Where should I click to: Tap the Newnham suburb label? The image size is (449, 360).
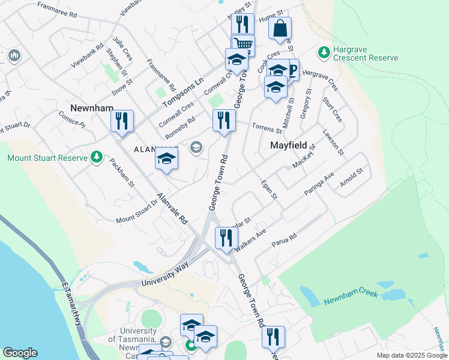point(92,107)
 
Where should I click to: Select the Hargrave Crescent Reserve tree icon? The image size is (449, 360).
point(324,53)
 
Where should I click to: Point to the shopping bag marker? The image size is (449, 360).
point(280,28)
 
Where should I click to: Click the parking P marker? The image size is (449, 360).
point(292,70)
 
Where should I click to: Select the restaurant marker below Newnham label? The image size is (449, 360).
point(122,121)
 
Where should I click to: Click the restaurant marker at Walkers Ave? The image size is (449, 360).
point(226,238)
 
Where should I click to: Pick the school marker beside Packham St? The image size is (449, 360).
point(167,159)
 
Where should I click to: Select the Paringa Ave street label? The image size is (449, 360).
point(319,182)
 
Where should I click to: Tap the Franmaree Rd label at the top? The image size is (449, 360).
point(57,8)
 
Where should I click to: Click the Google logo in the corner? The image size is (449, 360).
point(20,353)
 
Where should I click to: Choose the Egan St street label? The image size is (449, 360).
point(268,190)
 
